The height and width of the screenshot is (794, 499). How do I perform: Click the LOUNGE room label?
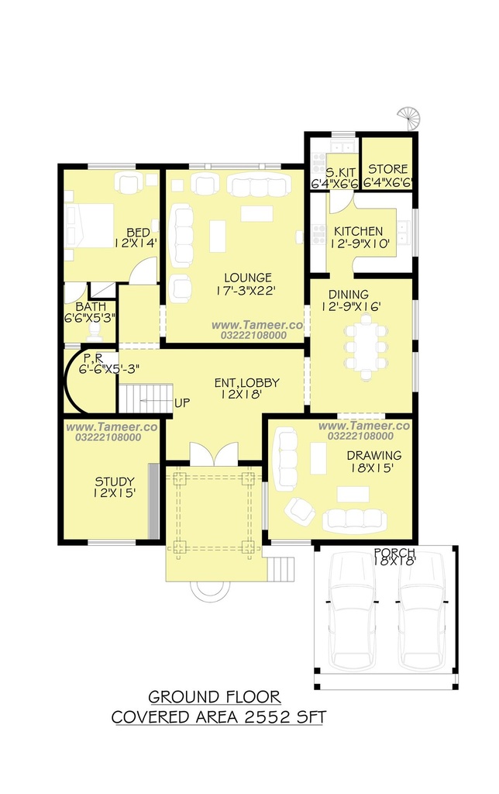tap(247, 278)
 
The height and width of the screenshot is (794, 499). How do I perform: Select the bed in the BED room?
tap(89, 226)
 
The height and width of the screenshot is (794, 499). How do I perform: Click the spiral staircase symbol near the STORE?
tap(409, 119)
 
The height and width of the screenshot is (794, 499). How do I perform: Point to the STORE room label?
tap(387, 168)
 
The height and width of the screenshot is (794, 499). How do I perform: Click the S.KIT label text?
tap(341, 172)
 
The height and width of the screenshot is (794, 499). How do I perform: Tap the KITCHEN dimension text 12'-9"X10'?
tap(360, 243)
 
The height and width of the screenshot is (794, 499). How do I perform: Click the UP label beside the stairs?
tap(182, 403)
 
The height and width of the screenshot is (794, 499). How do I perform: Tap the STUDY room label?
tap(115, 481)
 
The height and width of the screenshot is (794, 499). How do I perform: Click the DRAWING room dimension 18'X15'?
tap(372, 468)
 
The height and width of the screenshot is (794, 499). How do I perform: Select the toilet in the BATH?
tap(94, 330)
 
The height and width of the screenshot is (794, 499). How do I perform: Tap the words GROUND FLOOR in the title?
tap(215, 697)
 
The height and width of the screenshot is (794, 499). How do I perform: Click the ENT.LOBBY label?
tap(247, 383)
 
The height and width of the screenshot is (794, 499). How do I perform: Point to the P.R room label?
tap(93, 358)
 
